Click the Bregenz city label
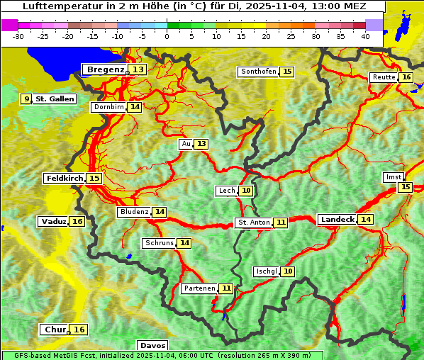(105, 69)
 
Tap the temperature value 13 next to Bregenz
(138, 69)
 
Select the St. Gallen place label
(55, 99)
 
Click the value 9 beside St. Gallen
(26, 99)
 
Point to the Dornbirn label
(108, 107)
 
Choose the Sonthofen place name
(259, 72)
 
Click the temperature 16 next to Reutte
(406, 77)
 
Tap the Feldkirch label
(64, 178)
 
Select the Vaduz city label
(54, 222)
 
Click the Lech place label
(226, 191)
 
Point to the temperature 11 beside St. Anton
(281, 223)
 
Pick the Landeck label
(337, 220)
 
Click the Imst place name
(392, 176)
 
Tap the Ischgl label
(266, 271)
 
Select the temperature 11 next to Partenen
(225, 288)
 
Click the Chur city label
(55, 330)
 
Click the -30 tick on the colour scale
(18, 35)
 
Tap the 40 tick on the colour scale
(365, 35)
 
